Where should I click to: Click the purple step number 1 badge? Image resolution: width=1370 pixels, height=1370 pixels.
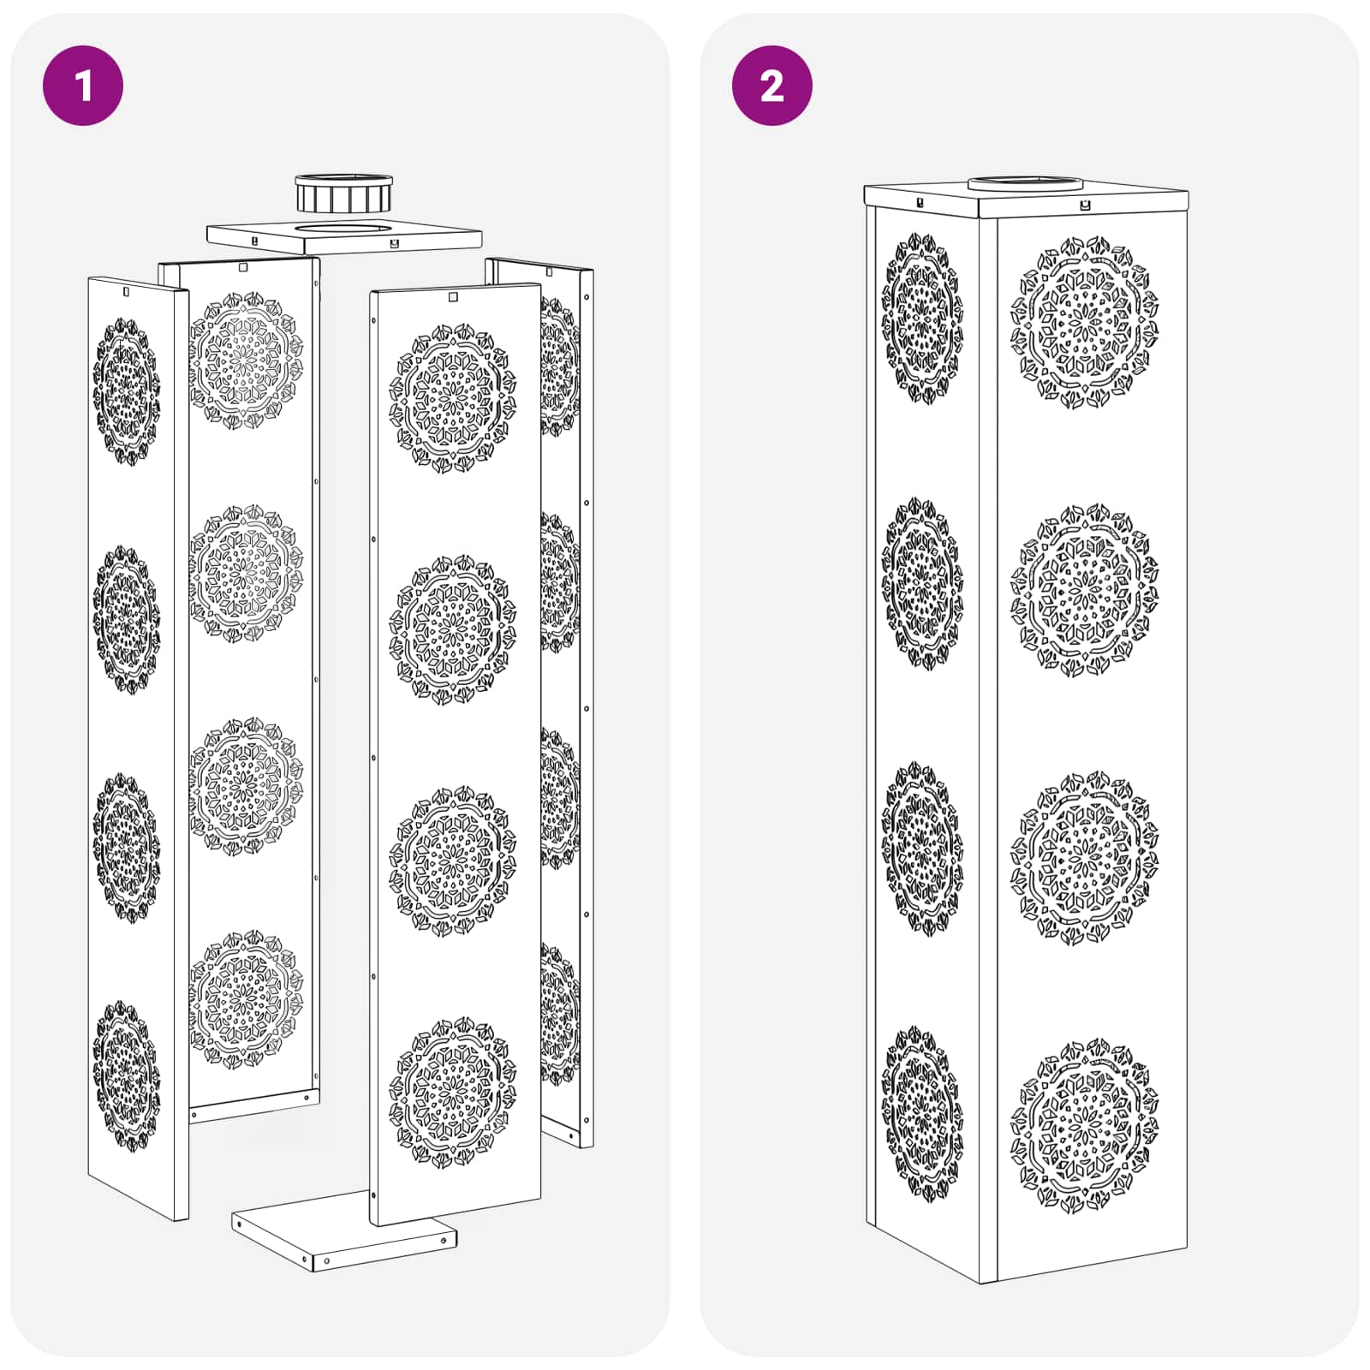[x=83, y=86]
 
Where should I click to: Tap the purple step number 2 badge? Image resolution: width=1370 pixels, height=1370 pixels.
[x=771, y=86]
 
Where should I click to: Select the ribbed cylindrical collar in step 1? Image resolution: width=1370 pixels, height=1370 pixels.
[x=343, y=195]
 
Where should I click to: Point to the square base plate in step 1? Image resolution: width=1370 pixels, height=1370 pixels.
[x=342, y=1237]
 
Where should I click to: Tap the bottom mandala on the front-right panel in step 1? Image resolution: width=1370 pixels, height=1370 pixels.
[x=453, y=1092]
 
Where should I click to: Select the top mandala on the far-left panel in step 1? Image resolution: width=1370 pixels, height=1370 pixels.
[x=126, y=392]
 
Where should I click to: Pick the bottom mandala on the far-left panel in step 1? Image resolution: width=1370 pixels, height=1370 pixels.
[x=126, y=1075]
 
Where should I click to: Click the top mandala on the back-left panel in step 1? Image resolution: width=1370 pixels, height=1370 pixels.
[x=246, y=360]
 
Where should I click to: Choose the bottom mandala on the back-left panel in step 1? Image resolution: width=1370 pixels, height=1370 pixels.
[x=246, y=998]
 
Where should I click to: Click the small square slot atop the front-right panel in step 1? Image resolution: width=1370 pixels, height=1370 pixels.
[x=453, y=297]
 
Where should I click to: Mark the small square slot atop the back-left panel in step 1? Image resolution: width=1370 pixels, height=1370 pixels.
[x=243, y=267]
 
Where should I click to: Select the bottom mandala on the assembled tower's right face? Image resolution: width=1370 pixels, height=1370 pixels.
[x=1084, y=1125]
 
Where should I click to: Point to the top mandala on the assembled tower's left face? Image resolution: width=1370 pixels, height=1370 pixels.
[x=922, y=319]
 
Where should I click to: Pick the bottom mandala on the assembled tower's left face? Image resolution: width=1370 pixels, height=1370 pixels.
[x=922, y=1113]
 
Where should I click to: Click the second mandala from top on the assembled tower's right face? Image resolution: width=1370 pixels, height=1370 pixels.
[x=1084, y=591]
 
